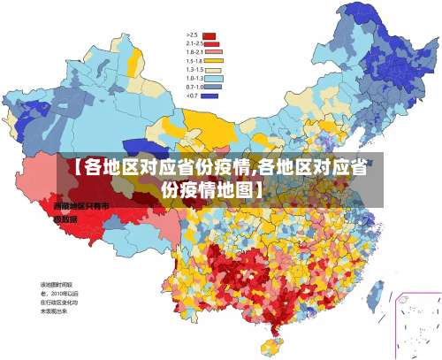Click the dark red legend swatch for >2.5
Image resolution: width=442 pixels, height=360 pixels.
(x=210, y=34)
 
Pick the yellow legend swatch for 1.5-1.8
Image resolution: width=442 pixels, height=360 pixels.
(x=210, y=61)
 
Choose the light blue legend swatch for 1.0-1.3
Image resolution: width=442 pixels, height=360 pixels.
(x=210, y=79)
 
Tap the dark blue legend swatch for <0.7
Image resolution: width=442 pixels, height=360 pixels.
(x=210, y=96)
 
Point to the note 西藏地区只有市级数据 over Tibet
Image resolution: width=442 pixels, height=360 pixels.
(x=80, y=211)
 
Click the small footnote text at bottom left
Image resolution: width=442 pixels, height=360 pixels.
(x=59, y=298)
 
